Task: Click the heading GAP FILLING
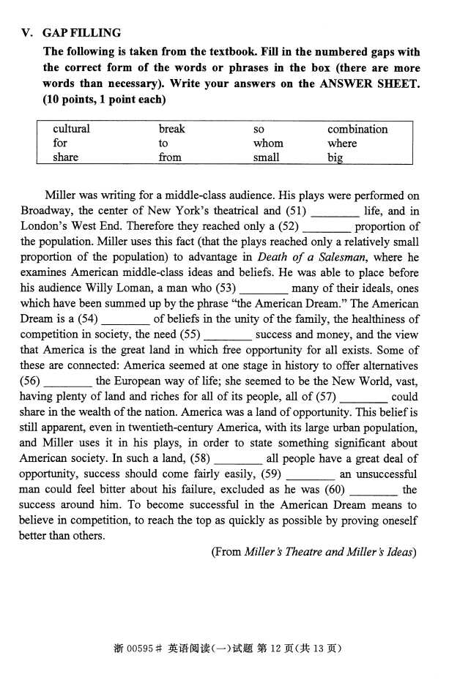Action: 81,33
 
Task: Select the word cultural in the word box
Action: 71,130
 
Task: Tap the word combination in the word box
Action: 357,130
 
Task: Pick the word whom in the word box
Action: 268,143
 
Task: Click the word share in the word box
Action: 65,157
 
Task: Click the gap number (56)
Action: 30,381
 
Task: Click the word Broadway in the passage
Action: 45,212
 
